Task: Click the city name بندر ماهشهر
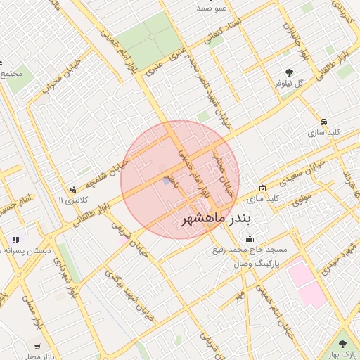pos(216,219)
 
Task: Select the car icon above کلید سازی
pos(323,121)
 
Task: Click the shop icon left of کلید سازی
pos(262,188)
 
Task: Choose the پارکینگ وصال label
pos(255,262)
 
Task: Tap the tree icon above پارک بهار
pos(343,344)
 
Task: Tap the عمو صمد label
pos(211,8)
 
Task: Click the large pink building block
pos(307,283)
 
